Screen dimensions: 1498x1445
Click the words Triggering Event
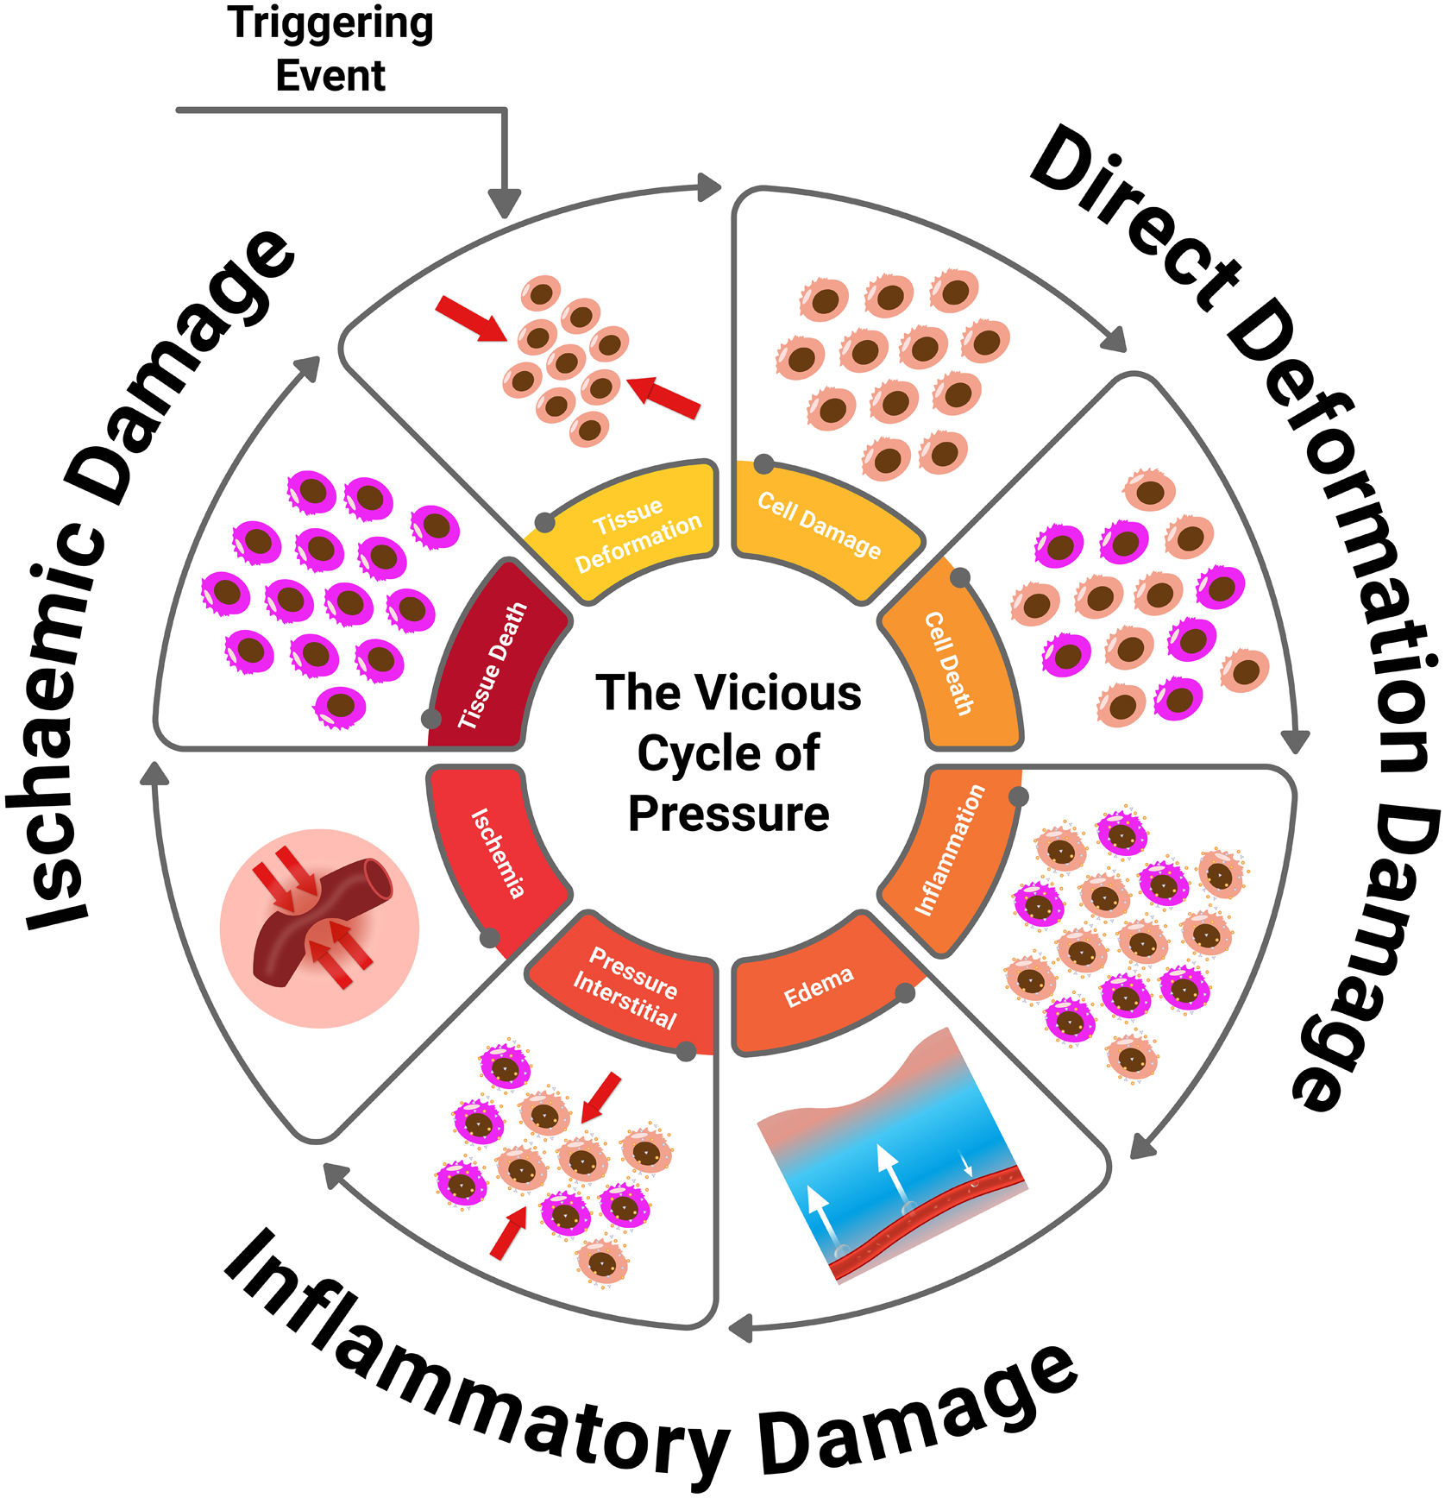click(330, 48)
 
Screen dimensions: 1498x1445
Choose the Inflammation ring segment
click(949, 850)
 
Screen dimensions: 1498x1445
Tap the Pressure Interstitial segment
click(627, 989)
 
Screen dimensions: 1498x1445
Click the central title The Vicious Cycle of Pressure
click(729, 752)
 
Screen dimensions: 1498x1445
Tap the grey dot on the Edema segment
click(904, 993)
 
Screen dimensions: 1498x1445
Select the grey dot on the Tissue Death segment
click(430, 718)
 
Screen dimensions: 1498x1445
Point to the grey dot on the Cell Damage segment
click(763, 464)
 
